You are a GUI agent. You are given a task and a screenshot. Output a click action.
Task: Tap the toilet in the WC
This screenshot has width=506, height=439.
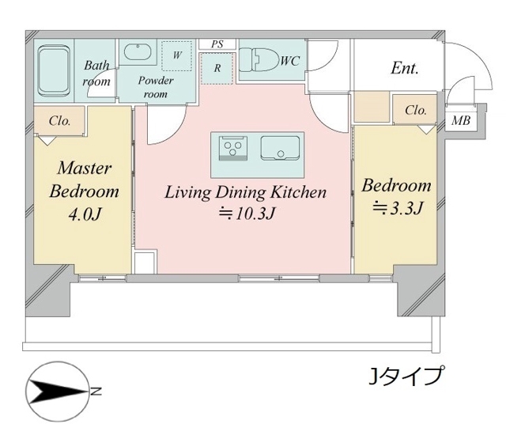260,59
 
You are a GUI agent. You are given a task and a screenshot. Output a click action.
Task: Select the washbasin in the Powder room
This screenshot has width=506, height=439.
138,53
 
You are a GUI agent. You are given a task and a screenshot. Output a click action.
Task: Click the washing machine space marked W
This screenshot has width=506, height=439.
177,56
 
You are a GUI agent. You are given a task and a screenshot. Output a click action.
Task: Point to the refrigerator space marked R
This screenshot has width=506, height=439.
217,69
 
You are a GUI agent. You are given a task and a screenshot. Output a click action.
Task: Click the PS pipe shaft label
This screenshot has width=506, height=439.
217,44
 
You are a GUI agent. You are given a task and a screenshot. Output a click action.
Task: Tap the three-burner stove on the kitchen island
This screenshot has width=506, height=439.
233,148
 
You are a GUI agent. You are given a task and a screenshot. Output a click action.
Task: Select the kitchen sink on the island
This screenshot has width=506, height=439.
280,148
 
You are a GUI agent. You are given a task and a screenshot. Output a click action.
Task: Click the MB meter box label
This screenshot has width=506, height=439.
461,121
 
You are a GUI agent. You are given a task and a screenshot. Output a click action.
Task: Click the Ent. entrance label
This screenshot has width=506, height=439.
405,68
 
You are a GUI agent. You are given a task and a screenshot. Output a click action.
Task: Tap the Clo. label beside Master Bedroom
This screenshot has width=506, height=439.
60,121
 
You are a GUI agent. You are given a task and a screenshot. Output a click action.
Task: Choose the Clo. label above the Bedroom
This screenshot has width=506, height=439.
416,111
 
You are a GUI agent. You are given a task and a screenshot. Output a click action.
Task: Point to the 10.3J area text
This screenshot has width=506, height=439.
247,214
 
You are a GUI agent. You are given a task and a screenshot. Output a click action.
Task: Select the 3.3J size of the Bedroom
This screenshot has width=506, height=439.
398,208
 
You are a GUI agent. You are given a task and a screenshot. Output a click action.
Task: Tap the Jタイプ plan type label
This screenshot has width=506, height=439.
405,376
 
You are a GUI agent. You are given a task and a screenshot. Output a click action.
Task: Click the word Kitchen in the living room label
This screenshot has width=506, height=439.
298,192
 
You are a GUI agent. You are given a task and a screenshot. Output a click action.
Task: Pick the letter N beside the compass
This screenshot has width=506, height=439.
96,392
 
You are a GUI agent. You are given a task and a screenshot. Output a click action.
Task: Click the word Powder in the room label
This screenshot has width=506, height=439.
156,81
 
